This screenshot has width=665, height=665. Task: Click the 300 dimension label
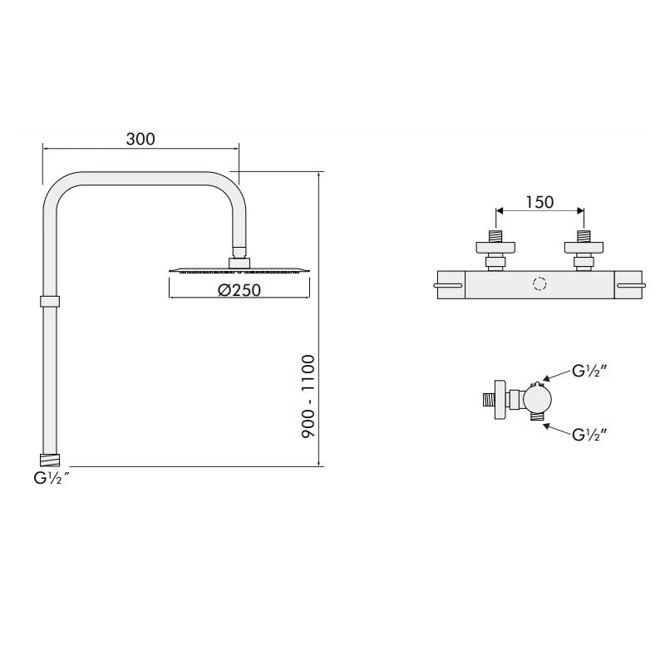pyautogui.click(x=140, y=139)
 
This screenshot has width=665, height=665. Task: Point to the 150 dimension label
pyautogui.click(x=539, y=202)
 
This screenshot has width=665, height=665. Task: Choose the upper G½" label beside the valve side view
pyautogui.click(x=591, y=372)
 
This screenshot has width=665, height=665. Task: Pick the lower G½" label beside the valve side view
pyautogui.click(x=591, y=433)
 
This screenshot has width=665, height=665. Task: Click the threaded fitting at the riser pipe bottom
pyautogui.click(x=50, y=458)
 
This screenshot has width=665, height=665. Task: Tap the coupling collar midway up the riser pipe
pyautogui.click(x=50, y=301)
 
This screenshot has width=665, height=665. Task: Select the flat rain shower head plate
pyautogui.click(x=239, y=270)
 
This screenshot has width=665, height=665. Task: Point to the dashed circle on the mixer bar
pyautogui.click(x=539, y=285)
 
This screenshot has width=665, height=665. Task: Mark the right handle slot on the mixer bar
pyautogui.click(x=630, y=286)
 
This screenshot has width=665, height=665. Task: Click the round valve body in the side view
pyautogui.click(x=538, y=401)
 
